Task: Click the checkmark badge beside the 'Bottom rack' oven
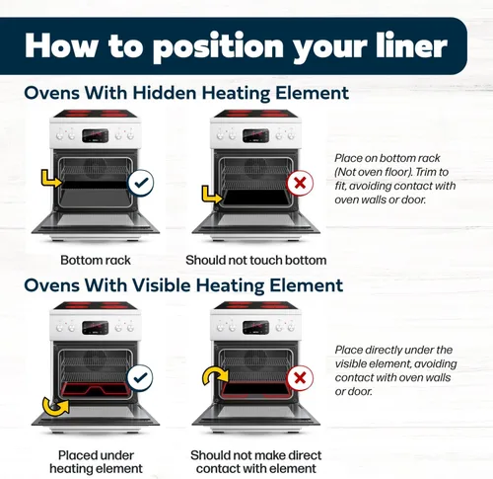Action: (141, 183)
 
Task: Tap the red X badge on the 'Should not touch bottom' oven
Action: (300, 183)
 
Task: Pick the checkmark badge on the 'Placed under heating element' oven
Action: (141, 378)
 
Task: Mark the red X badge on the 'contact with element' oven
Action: (300, 378)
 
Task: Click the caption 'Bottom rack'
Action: (96, 261)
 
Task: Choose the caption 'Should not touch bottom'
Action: (256, 261)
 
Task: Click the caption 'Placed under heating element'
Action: (96, 462)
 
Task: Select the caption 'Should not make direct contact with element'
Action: (256, 462)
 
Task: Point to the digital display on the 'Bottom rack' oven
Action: (96, 135)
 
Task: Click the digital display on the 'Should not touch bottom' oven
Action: (255, 135)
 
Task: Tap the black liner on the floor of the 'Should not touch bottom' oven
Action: (256, 198)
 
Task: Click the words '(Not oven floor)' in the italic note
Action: (374, 172)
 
